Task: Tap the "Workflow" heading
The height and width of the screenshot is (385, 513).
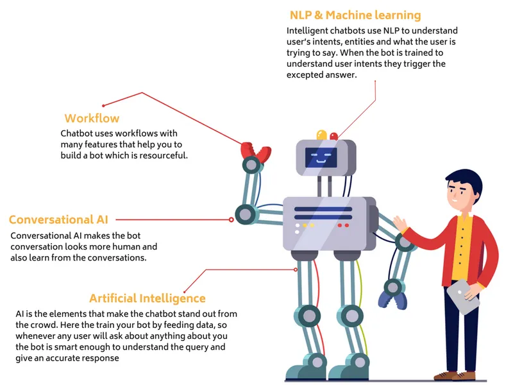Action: [x=92, y=119]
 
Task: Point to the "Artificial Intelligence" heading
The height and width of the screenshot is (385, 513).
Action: [x=147, y=298]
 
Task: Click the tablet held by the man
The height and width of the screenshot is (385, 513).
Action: [x=462, y=296]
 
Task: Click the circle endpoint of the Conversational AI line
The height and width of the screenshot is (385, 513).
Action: [x=231, y=219]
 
